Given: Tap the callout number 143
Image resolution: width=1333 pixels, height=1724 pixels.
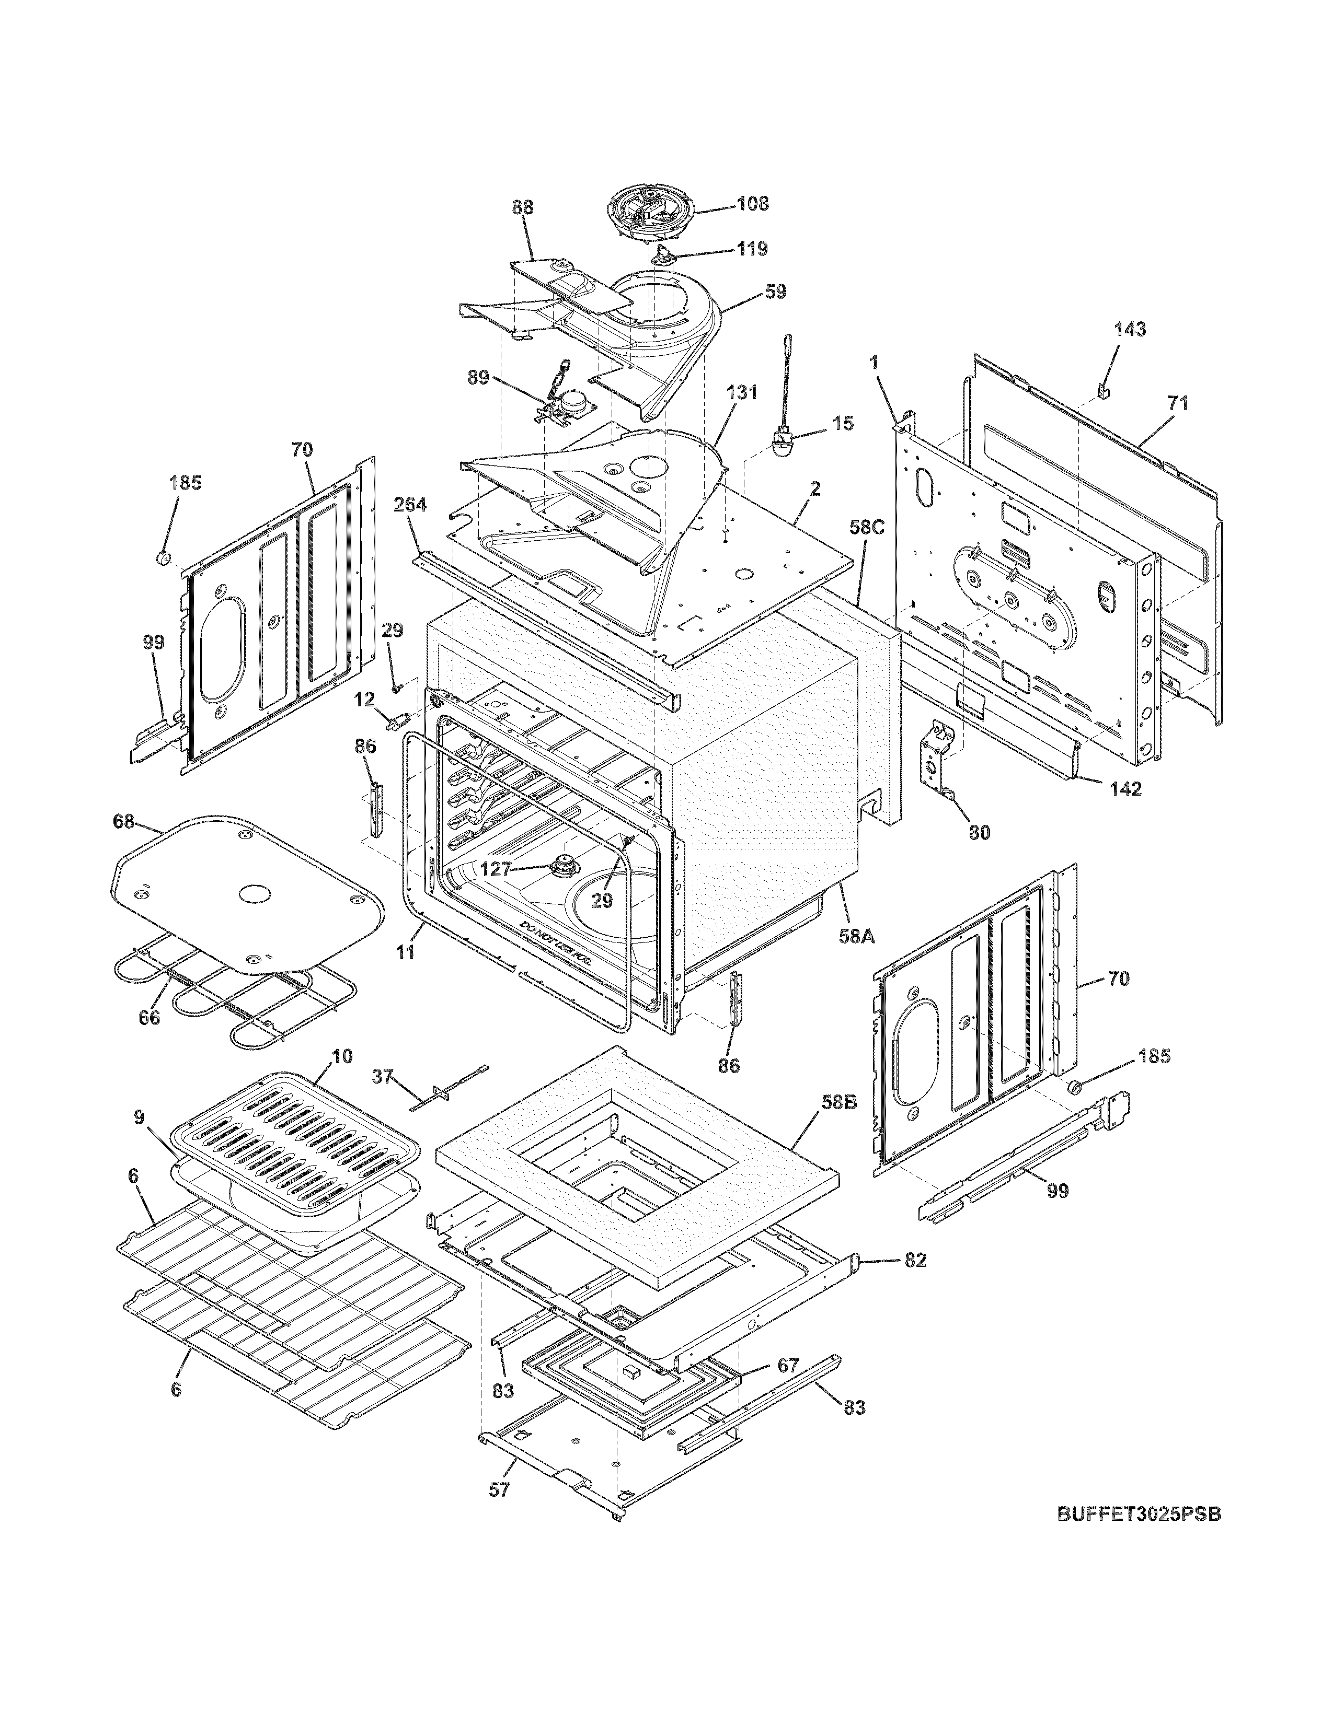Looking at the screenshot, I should coord(1130,329).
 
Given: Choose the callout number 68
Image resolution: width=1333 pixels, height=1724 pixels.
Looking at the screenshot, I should coord(123,822).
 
